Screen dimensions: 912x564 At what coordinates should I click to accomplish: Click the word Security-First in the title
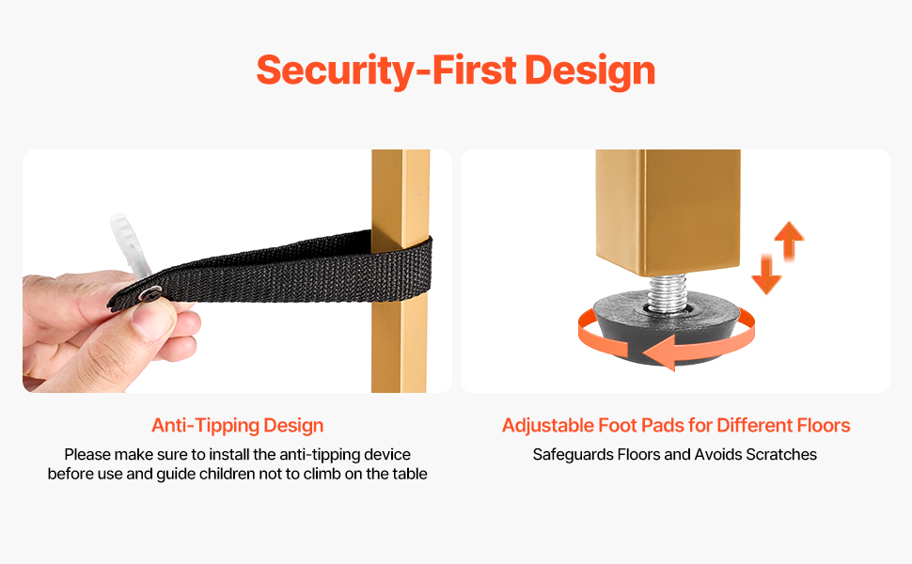tap(386, 70)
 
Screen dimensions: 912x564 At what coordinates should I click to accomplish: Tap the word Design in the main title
tap(590, 71)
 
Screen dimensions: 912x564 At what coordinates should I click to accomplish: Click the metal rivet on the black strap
tap(151, 294)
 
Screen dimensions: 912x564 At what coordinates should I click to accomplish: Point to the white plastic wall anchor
tap(130, 244)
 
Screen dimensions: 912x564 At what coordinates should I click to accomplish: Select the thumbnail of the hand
tap(151, 321)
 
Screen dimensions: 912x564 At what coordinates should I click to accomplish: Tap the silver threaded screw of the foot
tap(667, 292)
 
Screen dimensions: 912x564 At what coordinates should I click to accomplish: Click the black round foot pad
tap(668, 328)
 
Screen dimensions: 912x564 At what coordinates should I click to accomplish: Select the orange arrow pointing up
tap(789, 240)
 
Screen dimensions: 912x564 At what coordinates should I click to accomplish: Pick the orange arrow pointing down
tap(766, 274)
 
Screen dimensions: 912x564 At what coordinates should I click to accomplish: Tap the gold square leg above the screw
tap(668, 212)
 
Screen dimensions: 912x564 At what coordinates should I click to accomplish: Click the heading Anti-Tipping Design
tap(237, 426)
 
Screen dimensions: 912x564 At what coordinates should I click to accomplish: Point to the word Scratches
tap(781, 455)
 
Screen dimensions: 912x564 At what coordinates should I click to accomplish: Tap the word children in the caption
tap(228, 474)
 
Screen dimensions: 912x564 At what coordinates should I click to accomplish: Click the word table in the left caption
tap(410, 474)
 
